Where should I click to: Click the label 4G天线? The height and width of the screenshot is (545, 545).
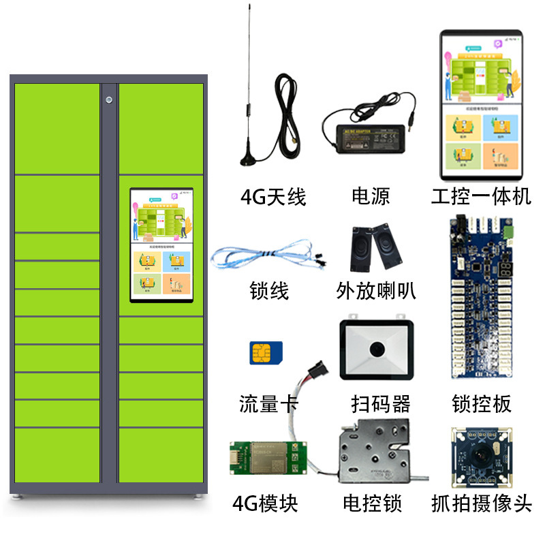click(273, 198)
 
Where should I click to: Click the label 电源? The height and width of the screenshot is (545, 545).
click(371, 198)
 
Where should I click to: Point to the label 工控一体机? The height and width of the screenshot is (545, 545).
click(481, 198)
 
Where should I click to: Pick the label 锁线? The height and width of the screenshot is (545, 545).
click(269, 292)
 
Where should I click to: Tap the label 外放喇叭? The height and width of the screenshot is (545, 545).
click(376, 292)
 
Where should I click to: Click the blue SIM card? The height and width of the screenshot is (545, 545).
click(266, 353)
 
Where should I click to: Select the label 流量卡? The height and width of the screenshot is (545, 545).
click(269, 404)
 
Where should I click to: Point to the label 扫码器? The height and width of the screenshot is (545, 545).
click(381, 404)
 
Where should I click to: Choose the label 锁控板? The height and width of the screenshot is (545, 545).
click(481, 404)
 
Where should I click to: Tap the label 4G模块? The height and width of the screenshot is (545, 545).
click(265, 504)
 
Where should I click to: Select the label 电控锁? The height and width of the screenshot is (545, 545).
click(372, 504)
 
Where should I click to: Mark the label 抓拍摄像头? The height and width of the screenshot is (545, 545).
click(481, 504)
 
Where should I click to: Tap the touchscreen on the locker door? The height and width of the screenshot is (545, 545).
click(161, 245)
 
